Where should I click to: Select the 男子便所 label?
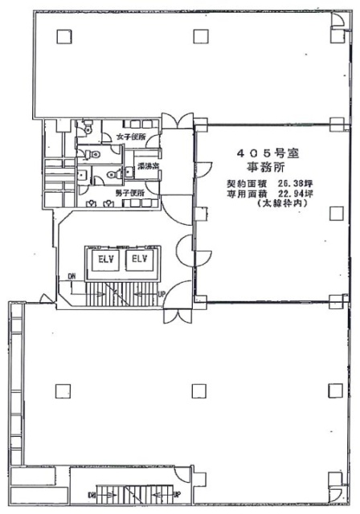[129, 194]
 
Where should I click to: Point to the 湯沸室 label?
[146, 166]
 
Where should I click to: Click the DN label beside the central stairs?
[72, 278]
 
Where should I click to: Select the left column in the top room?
[60, 35]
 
